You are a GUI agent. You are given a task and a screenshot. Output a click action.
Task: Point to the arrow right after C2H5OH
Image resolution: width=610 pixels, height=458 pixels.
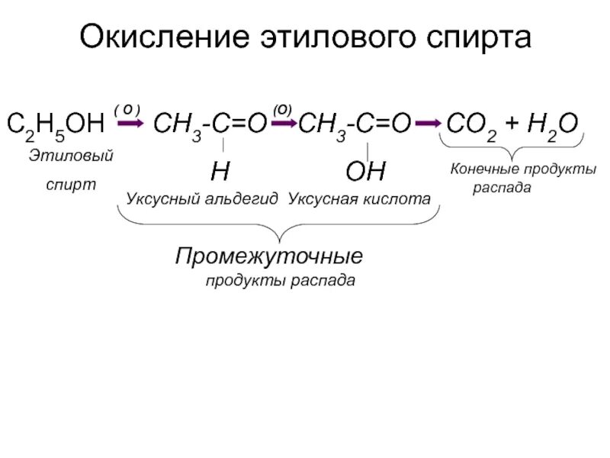point(130,122)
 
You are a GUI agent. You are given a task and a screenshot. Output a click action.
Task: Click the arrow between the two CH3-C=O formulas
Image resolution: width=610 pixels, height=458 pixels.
point(283,122)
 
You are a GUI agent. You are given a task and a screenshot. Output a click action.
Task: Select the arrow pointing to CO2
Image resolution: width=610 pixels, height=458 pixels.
point(429,122)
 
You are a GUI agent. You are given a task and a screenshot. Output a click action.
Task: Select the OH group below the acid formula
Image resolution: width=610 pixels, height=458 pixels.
point(366,171)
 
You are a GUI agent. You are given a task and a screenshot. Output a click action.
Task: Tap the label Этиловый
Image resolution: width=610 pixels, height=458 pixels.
point(72,156)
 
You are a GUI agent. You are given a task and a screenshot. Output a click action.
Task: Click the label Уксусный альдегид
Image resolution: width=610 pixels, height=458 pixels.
point(201,198)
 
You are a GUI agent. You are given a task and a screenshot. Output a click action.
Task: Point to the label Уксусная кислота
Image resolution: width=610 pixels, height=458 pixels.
point(359,198)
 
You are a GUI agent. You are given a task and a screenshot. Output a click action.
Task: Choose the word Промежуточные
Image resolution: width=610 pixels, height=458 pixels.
point(269,253)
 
